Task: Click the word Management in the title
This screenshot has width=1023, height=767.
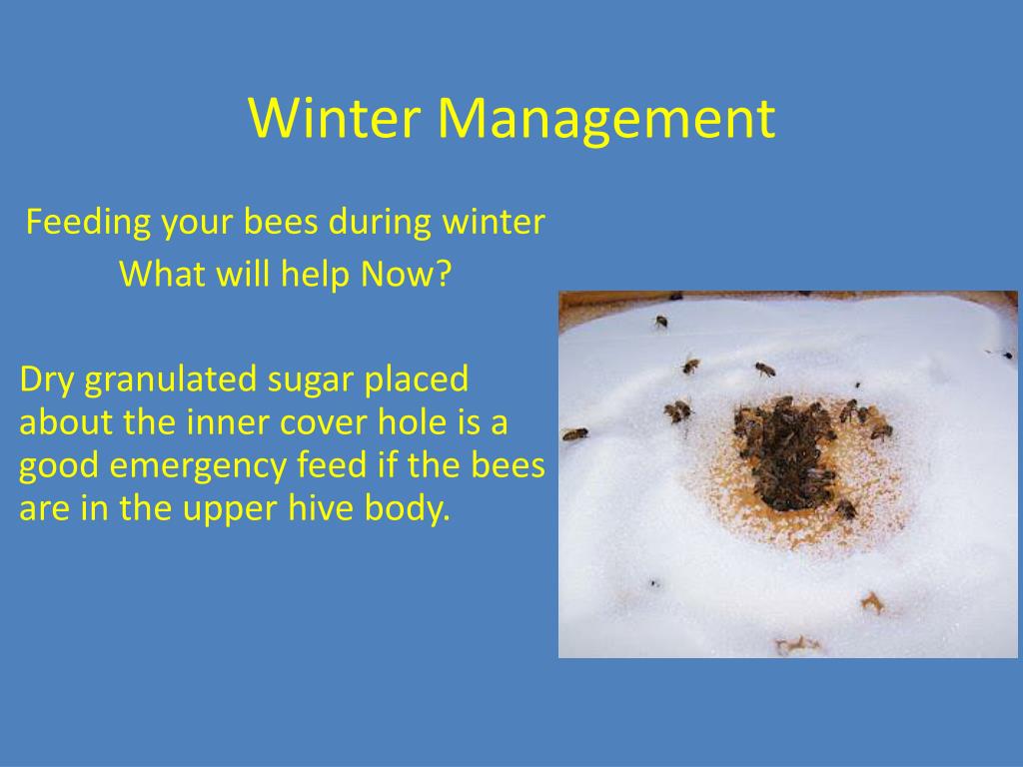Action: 606,118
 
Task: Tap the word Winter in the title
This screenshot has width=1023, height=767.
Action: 334,118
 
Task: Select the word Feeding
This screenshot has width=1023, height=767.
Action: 88,223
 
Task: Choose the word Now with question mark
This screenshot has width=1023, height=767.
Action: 406,274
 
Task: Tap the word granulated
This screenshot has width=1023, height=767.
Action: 172,381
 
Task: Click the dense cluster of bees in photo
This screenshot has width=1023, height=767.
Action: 787,454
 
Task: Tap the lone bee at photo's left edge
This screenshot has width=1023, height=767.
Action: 574,433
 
